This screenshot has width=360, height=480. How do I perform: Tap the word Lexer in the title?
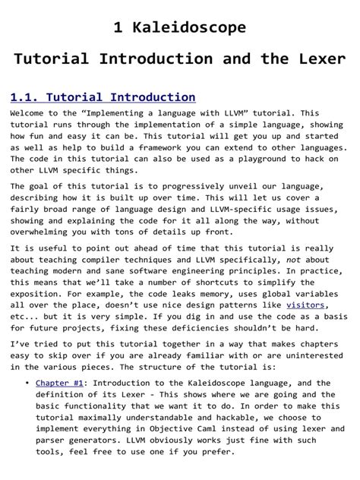click(319, 59)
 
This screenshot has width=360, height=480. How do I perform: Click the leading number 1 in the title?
click(118, 28)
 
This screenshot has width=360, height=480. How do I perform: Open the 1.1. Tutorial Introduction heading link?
click(103, 97)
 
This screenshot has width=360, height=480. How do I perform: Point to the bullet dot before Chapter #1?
click(27, 383)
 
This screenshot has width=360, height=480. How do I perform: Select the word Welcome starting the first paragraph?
click(31, 112)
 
